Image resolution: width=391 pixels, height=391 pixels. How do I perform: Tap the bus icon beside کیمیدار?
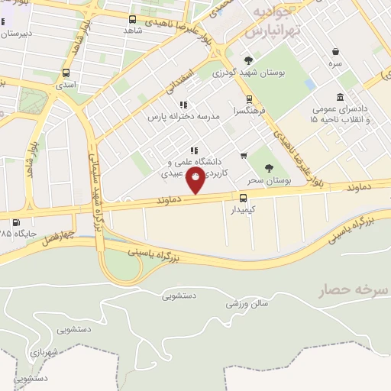coord(244,196)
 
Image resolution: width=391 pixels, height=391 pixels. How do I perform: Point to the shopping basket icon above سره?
coord(336,52)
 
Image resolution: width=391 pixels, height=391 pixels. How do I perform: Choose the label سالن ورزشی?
coord(250,303)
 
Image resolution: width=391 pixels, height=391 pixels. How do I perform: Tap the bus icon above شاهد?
coord(133,20)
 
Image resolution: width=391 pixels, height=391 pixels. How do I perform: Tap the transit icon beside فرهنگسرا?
coord(248,99)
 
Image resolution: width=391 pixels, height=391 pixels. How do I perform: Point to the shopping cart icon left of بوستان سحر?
coord(243,155)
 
